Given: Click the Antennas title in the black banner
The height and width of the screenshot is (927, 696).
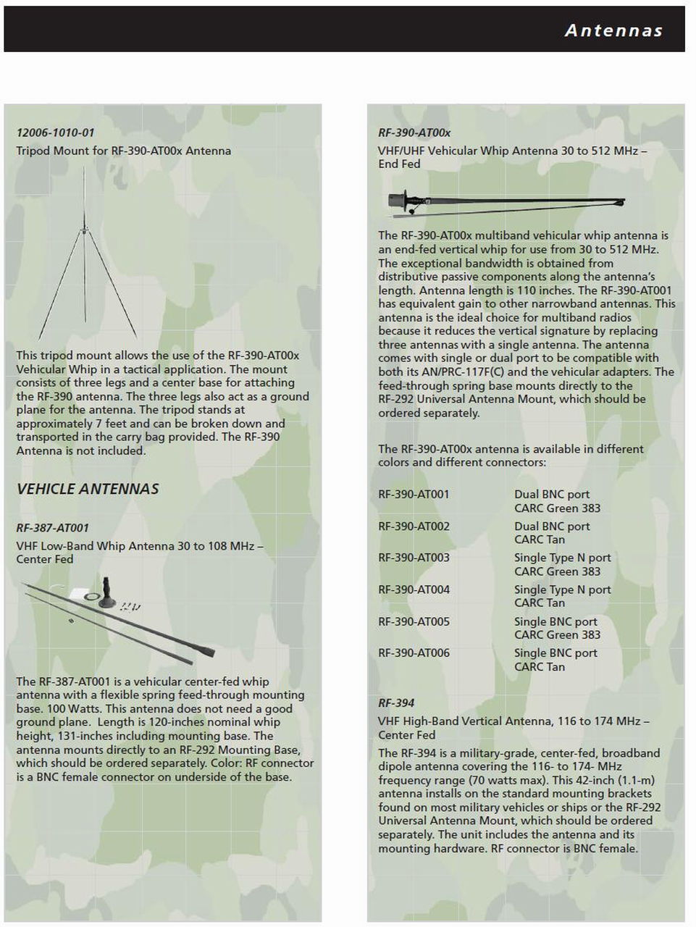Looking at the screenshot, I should pyautogui.click(x=613, y=30).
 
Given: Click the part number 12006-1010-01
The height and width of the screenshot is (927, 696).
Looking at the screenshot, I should pyautogui.click(x=56, y=133).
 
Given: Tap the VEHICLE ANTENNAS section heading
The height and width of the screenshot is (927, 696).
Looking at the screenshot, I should pyautogui.click(x=88, y=489).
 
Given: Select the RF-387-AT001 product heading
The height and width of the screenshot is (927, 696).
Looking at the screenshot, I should pyautogui.click(x=52, y=528).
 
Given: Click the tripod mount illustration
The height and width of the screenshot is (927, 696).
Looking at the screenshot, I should pyautogui.click(x=86, y=253).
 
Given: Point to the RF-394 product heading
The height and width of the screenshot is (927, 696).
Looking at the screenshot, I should pyautogui.click(x=396, y=702).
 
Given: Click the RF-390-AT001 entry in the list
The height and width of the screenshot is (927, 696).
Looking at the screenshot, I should pyautogui.click(x=414, y=495).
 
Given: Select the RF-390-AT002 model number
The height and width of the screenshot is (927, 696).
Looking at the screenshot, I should pyautogui.click(x=414, y=527).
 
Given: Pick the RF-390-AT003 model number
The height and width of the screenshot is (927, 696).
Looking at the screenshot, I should pyautogui.click(x=414, y=558).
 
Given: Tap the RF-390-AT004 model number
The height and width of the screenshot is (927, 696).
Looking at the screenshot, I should pyautogui.click(x=414, y=590).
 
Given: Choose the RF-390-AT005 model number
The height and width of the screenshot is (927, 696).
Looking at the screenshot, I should pyautogui.click(x=414, y=621).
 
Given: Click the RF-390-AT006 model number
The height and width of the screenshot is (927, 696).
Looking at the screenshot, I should pyautogui.click(x=414, y=653).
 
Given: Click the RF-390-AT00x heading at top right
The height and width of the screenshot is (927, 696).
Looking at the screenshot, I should pyautogui.click(x=414, y=133).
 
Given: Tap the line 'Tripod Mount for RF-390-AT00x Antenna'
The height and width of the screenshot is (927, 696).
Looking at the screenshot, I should pyautogui.click(x=124, y=151).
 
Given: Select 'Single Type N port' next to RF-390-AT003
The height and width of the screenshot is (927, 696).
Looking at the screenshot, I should pyautogui.click(x=562, y=558).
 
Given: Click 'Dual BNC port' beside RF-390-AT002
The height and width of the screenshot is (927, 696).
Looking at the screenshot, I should pyautogui.click(x=552, y=527).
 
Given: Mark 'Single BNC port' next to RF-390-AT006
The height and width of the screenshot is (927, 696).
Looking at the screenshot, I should pyautogui.click(x=555, y=653).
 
